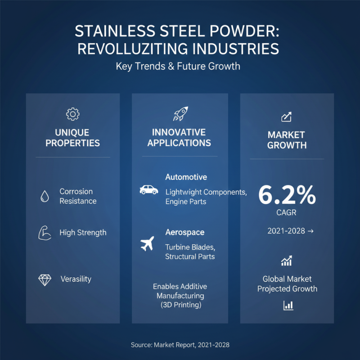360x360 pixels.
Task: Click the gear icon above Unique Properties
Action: pyautogui.click(x=72, y=114)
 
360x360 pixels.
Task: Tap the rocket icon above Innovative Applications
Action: pyautogui.click(x=181, y=113)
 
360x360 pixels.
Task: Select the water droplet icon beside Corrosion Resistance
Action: pyautogui.click(x=45, y=196)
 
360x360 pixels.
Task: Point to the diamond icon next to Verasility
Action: pyautogui.click(x=45, y=280)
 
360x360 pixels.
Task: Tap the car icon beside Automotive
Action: pyautogui.click(x=149, y=190)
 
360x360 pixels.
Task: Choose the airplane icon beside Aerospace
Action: pyautogui.click(x=147, y=244)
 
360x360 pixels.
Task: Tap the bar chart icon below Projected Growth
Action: pyautogui.click(x=288, y=306)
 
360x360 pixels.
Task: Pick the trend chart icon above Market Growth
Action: pyautogui.click(x=287, y=117)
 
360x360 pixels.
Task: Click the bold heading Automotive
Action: pyautogui.click(x=186, y=177)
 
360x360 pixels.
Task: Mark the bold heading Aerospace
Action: pyautogui.click(x=184, y=232)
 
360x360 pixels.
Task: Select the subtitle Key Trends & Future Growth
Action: pyautogui.click(x=178, y=66)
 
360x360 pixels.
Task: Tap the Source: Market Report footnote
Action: pyautogui.click(x=180, y=345)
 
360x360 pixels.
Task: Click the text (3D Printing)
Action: pyautogui.click(x=180, y=305)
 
